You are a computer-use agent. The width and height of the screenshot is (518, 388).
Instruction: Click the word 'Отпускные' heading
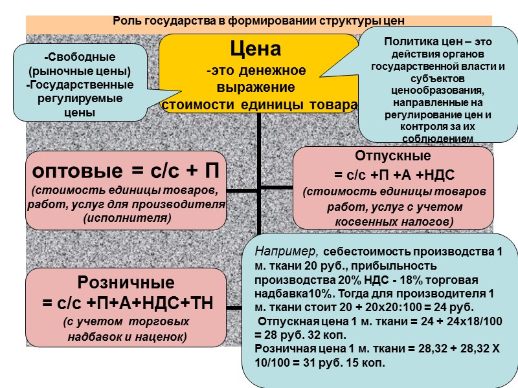tap(392, 156)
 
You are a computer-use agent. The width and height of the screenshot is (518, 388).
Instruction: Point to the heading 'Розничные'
tap(126, 283)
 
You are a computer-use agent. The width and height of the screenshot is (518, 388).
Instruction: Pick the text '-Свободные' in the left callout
tap(81, 57)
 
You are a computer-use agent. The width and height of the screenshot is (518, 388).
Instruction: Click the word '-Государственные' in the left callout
tap(80, 85)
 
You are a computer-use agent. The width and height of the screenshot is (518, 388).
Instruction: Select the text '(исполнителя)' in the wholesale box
tap(127, 218)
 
